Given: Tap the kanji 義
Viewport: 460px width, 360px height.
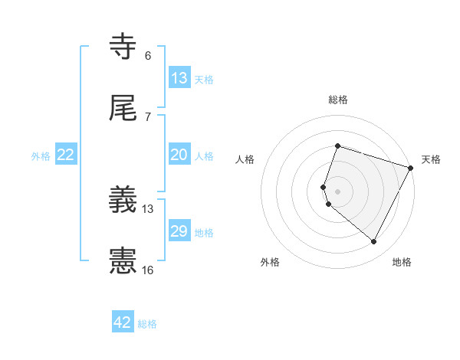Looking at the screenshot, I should (123, 201).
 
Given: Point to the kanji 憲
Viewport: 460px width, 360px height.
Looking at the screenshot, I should (123, 261).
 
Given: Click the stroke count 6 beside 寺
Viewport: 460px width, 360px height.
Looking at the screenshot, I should (147, 55).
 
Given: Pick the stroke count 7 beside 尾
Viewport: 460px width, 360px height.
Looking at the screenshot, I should (147, 116).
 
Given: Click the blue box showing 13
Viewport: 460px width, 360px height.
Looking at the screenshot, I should (179, 78).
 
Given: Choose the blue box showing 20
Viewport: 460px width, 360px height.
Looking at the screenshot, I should (179, 155).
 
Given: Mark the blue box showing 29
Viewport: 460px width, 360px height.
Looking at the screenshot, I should (179, 231).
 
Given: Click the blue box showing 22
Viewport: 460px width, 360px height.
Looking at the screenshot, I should (66, 155).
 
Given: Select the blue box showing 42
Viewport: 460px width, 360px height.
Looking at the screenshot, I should (123, 322).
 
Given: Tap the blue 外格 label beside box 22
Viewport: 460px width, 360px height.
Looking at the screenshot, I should (41, 155).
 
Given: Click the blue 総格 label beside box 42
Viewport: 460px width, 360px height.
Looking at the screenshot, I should (147, 324).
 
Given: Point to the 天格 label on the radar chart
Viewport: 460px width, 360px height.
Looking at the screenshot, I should (431, 159).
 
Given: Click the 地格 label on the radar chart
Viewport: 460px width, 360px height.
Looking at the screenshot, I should (402, 262).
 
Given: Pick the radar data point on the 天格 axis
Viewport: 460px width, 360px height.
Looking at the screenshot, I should (411, 168).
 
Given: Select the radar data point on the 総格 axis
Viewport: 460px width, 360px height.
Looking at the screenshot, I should (337, 146).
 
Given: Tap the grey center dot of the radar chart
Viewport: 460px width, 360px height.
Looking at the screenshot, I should (337, 191).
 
